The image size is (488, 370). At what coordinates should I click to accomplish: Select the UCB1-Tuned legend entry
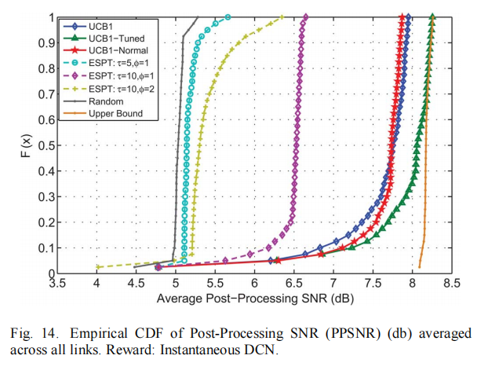click(114, 38)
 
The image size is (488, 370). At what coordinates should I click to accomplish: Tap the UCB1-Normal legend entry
click(116, 51)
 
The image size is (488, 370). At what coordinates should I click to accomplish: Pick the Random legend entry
click(106, 101)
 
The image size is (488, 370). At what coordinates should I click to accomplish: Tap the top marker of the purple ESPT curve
click(305, 16)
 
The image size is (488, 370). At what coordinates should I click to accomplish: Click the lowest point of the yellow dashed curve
click(97, 266)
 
